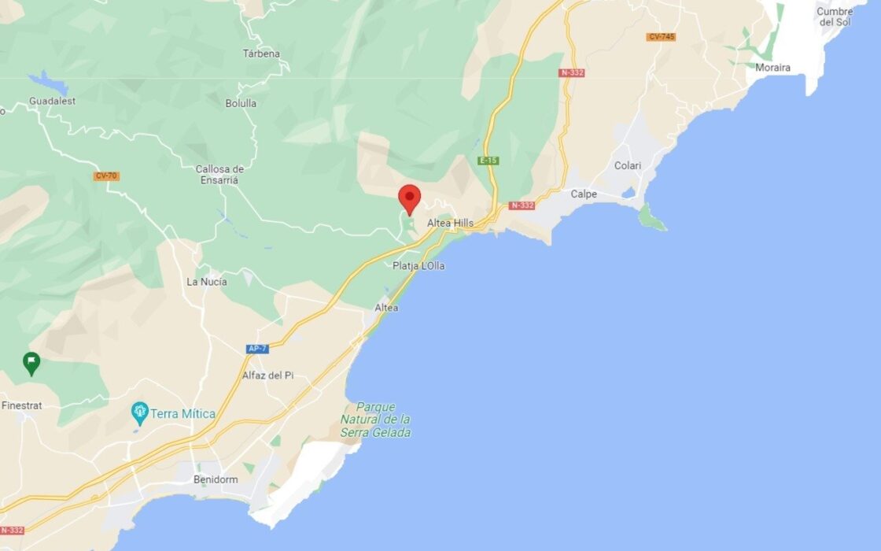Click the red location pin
(x=409, y=197)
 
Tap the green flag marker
(x=31, y=363)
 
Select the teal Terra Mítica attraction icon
(x=140, y=412)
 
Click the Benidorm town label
(x=216, y=479)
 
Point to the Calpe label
(x=584, y=194)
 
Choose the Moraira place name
(x=772, y=68)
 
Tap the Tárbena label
(x=261, y=54)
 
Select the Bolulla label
(x=241, y=103)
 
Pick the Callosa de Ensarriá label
(x=219, y=174)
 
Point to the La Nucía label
(x=207, y=282)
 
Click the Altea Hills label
(x=450, y=223)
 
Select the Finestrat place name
(x=21, y=405)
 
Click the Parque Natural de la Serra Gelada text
(x=375, y=420)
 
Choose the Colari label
(x=628, y=166)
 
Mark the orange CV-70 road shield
(x=106, y=176)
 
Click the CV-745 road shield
(x=661, y=37)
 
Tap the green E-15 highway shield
(x=488, y=161)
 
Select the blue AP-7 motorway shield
(x=257, y=349)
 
